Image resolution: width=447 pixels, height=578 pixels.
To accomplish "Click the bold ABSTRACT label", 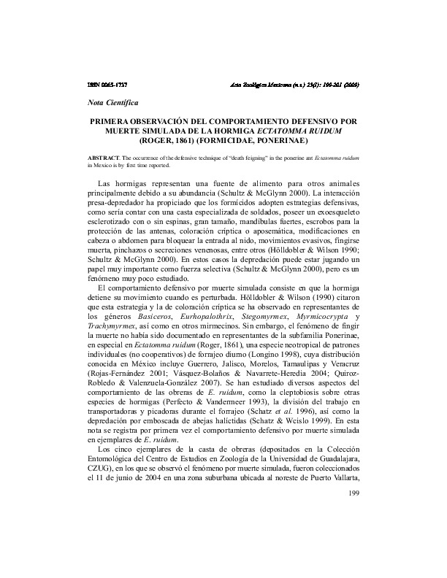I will click(99, 158).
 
